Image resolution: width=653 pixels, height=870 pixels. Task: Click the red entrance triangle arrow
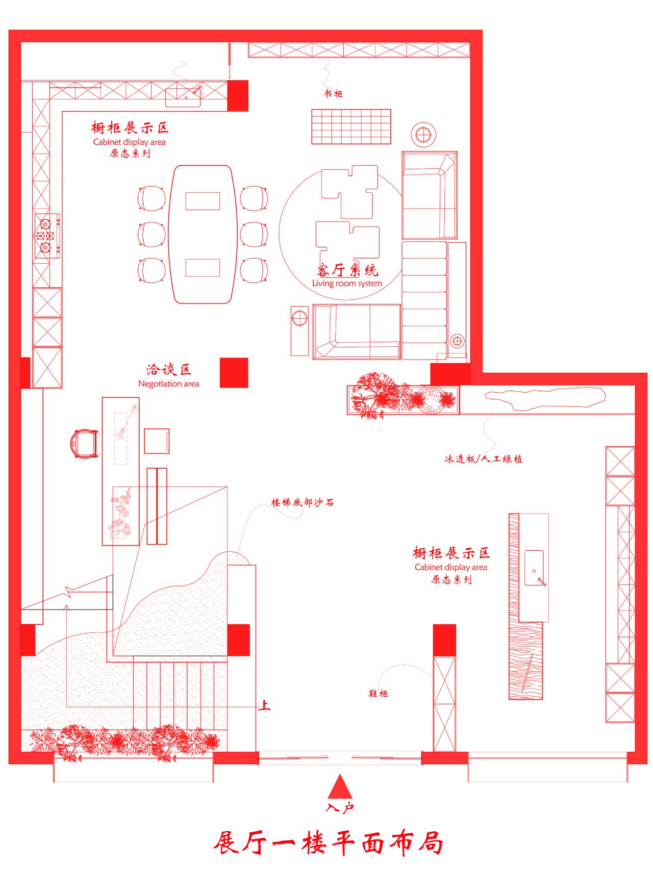click(x=340, y=787)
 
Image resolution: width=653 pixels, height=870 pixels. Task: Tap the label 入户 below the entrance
click(x=340, y=808)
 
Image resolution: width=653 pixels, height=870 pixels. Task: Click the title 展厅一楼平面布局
click(x=328, y=843)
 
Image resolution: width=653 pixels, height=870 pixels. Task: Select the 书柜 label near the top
click(x=333, y=93)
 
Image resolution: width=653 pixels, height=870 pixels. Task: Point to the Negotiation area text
click(x=168, y=384)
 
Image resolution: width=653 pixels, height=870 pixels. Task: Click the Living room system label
click(x=347, y=284)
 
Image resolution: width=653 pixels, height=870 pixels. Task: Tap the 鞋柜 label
click(x=378, y=694)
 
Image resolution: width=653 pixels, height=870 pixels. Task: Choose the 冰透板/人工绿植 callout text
click(x=483, y=459)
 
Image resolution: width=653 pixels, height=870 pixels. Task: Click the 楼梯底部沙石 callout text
click(x=303, y=502)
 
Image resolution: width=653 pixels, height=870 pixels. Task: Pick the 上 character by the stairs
click(x=264, y=706)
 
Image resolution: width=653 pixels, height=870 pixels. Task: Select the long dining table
click(x=203, y=235)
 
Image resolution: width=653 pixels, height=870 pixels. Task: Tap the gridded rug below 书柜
click(x=351, y=126)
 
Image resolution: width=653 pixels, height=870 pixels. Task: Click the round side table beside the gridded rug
click(x=423, y=135)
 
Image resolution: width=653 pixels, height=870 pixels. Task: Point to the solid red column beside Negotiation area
click(x=234, y=373)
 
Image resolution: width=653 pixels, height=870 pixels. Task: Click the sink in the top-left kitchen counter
click(x=183, y=96)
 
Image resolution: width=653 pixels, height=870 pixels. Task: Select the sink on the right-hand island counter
click(x=535, y=568)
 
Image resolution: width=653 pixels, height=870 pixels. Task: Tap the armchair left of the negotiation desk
click(x=84, y=444)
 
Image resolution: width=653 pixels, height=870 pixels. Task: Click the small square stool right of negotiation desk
click(x=157, y=441)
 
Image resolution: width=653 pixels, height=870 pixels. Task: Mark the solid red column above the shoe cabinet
click(x=444, y=640)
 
